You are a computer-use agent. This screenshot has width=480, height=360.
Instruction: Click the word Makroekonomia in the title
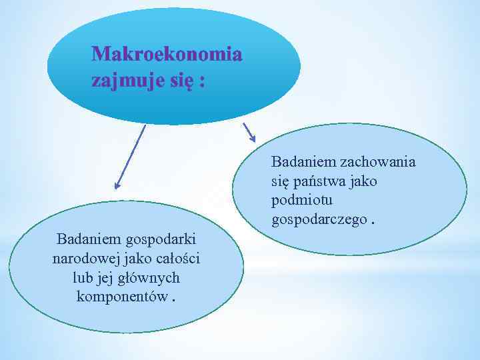point(167,54)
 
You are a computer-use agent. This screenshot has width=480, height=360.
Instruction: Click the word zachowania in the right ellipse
point(378,162)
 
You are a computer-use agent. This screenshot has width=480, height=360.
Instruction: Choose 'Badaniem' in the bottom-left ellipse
point(84,239)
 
